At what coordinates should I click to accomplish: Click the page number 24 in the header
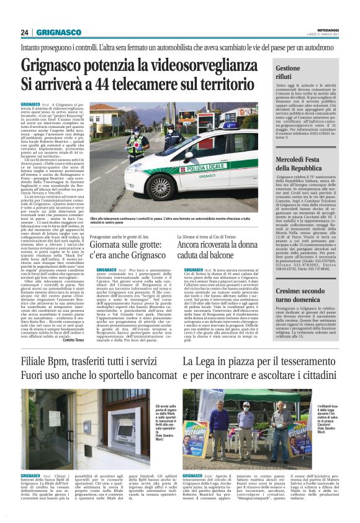(25, 33)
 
